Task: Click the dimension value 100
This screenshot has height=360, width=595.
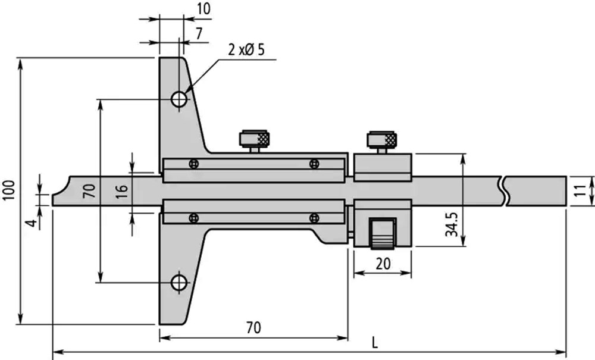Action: (x=9, y=190)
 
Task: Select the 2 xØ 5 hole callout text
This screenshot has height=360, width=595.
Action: (x=246, y=50)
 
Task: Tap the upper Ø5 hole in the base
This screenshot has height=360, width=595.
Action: (x=179, y=100)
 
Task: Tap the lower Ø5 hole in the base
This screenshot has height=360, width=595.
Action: (x=179, y=283)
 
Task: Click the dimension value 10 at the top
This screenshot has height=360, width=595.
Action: (x=203, y=9)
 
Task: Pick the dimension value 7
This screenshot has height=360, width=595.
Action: (x=199, y=34)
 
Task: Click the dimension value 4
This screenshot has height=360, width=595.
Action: (x=33, y=223)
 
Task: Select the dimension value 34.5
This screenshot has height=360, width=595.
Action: (x=452, y=224)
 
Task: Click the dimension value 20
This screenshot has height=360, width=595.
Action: (x=383, y=263)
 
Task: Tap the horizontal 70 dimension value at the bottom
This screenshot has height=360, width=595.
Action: (x=253, y=327)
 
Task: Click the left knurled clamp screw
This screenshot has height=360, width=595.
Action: (x=254, y=141)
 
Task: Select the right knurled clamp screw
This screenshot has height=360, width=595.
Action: (x=382, y=142)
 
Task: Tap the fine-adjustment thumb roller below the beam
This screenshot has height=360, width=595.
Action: (x=383, y=234)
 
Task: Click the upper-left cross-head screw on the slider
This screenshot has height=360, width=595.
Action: (x=193, y=164)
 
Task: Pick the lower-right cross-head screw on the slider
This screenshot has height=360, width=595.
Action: (x=314, y=218)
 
